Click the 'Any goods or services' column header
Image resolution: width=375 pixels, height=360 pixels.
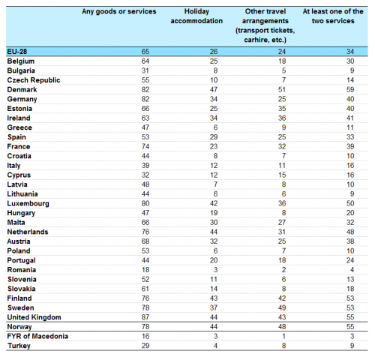[119, 11]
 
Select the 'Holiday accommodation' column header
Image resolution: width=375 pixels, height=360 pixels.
[196, 16]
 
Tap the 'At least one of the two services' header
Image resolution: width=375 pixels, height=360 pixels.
[333, 16]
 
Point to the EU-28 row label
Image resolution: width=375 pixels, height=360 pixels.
[17, 52]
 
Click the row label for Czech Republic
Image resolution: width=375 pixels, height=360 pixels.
[34, 80]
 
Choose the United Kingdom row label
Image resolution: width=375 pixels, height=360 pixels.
[34, 317]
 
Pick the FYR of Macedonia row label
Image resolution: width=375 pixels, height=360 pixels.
[37, 336]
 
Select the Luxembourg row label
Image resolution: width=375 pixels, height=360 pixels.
[28, 203]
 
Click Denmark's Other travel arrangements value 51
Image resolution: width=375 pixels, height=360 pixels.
[282, 89]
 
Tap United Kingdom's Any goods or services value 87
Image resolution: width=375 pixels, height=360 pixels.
[145, 317]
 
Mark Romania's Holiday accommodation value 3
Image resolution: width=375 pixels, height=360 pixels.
[215, 270]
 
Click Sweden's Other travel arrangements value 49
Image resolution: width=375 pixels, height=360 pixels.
[282, 307]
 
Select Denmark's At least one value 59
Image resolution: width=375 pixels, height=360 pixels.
[350, 89]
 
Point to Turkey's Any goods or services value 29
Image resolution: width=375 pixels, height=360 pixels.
[145, 346]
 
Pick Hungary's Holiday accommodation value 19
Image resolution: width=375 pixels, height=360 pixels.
[214, 213]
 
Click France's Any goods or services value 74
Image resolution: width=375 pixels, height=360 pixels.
[145, 146]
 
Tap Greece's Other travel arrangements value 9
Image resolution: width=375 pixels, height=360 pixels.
[283, 127]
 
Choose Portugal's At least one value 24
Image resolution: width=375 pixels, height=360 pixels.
[350, 260]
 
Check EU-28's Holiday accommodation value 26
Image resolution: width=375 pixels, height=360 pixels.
[214, 52]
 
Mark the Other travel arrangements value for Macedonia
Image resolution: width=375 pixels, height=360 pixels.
[283, 336]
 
